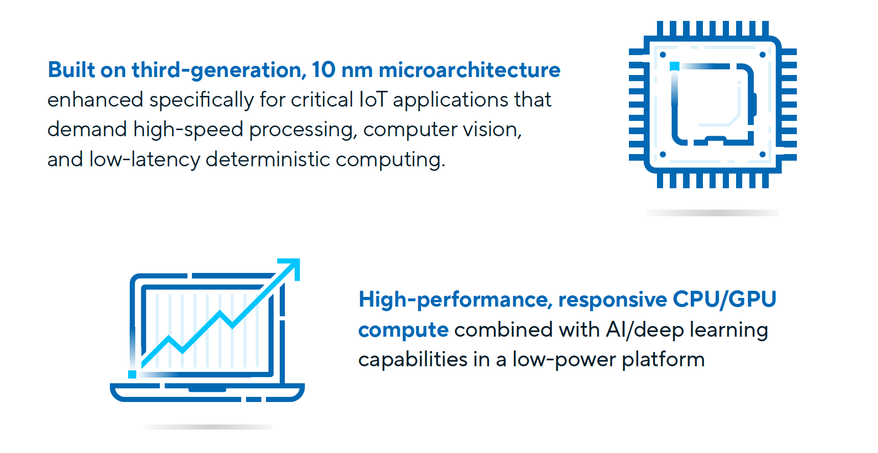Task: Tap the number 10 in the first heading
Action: pyautogui.click(x=324, y=70)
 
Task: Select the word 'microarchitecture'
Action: pyautogui.click(x=469, y=70)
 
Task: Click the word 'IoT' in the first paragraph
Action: pyautogui.click(x=373, y=99)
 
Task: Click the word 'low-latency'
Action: pyautogui.click(x=144, y=160)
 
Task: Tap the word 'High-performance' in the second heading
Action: pyautogui.click(x=455, y=300)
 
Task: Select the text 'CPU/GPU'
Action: pyautogui.click(x=724, y=299)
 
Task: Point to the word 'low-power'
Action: pyautogui.click(x=564, y=360)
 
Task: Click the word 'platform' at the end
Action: pyautogui.click(x=663, y=360)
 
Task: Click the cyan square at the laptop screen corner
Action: pyautogui.click(x=132, y=374)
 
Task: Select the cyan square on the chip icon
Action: pyautogui.click(x=674, y=66)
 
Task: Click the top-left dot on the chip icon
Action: pyautogui.click(x=663, y=55)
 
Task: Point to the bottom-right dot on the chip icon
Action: pyautogui.click(x=763, y=155)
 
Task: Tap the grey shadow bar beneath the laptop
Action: pyautogui.click(x=208, y=427)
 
